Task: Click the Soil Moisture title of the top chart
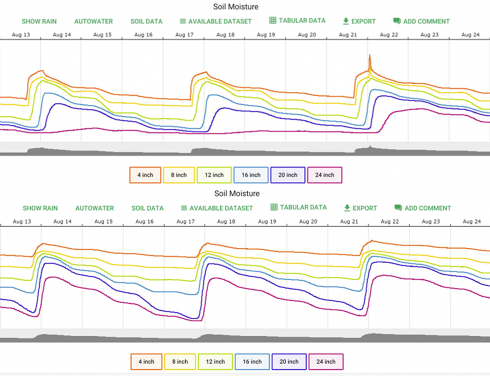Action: (x=235, y=7)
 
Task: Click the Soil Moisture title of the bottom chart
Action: (x=237, y=193)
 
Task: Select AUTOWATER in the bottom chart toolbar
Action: (x=94, y=208)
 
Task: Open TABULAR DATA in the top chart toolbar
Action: (x=297, y=21)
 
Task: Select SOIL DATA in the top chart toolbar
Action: (x=146, y=22)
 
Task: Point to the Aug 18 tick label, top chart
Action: (x=225, y=35)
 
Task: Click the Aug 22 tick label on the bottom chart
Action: (x=390, y=221)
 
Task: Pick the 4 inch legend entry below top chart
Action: (x=145, y=175)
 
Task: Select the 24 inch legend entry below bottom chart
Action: (x=326, y=362)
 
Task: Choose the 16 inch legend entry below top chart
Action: (x=251, y=175)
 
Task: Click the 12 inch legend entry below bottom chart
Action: (x=215, y=362)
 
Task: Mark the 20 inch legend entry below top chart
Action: (x=288, y=175)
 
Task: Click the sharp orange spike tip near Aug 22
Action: (x=369, y=55)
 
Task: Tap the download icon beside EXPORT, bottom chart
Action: (x=347, y=208)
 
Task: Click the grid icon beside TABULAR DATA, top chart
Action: (x=273, y=21)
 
